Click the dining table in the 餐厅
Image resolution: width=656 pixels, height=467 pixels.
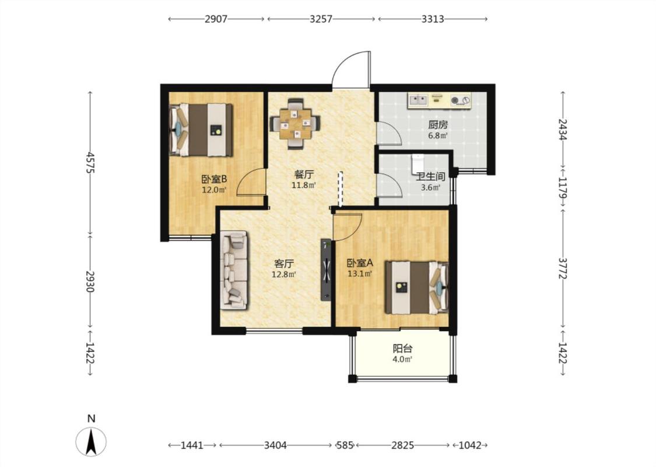tap(296, 123)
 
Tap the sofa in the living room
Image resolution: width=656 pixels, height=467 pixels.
tap(235, 270)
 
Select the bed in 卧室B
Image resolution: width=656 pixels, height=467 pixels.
tap(201, 130)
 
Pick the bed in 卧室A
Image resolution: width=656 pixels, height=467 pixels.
tap(417, 288)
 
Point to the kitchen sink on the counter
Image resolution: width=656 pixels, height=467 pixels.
tap(418, 100)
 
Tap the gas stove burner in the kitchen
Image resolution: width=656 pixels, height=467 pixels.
tap(460, 100)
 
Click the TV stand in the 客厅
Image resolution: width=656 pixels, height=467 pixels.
tap(326, 269)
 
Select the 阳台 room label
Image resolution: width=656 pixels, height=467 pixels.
tap(403, 348)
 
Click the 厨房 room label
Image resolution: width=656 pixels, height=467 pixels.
tap(438, 125)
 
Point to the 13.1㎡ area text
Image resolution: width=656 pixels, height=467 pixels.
tap(360, 274)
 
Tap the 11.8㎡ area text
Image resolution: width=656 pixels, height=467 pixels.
tap(304, 184)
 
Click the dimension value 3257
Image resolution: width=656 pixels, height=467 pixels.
tap(321, 19)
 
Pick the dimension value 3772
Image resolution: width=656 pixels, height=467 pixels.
tap(563, 268)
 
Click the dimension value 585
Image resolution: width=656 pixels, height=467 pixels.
tap(345, 445)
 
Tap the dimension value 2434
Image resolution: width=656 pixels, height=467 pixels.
tap(563, 130)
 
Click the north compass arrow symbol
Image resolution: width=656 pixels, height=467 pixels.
tap(91, 441)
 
